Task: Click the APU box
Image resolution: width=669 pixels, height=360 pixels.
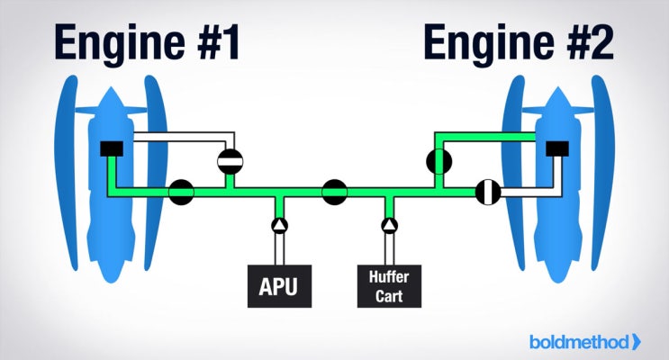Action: point(278,287)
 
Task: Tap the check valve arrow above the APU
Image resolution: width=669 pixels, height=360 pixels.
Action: point(279,224)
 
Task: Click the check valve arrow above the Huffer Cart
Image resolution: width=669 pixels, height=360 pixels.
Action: point(389,224)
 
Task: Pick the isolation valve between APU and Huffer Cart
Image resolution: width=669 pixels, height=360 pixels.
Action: point(335,191)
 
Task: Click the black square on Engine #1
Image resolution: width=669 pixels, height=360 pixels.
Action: point(112,148)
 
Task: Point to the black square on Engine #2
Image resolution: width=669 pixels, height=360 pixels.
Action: point(556,148)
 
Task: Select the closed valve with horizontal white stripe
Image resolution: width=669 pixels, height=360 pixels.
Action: point(231,161)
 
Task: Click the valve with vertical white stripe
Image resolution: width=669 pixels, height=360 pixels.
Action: point(487,191)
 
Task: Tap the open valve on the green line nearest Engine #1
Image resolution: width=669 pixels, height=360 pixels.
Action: point(181,191)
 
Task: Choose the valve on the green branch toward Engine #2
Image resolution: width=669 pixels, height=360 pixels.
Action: point(438,161)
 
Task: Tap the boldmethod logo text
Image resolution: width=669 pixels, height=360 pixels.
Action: point(580,341)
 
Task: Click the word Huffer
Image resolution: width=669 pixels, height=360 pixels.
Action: point(389,278)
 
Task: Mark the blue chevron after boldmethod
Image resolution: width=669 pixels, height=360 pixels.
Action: point(637,341)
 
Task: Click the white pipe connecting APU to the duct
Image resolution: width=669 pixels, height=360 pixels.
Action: point(279,247)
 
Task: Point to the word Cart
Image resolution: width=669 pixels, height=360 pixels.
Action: point(389,294)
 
